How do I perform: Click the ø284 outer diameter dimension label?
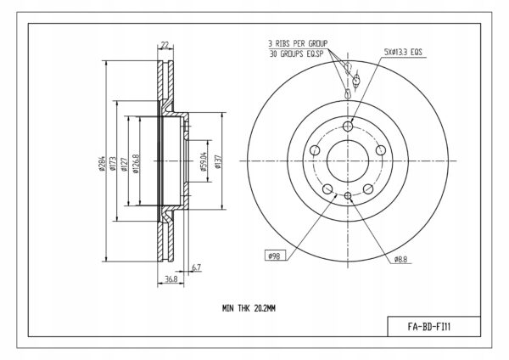(102, 162)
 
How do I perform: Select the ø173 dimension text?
(113, 163)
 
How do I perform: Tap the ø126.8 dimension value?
(136, 163)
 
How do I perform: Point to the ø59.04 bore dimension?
(204, 161)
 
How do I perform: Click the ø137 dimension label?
(218, 161)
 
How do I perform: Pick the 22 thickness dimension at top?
(165, 44)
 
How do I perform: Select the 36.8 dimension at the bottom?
(171, 279)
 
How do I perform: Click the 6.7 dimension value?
(197, 267)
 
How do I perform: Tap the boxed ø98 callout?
(275, 256)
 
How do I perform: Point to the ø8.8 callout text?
(400, 259)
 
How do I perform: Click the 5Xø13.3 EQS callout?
(403, 52)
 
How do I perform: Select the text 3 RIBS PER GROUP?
(298, 43)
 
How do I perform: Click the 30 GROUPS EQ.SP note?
(296, 53)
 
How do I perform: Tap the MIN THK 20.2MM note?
(249, 308)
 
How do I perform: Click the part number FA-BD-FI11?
(428, 327)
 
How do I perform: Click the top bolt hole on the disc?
(348, 126)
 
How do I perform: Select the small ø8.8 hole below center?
(348, 195)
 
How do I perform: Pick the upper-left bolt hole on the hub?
(315, 150)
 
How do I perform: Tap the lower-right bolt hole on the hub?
(368, 188)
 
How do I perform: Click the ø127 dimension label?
(124, 164)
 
